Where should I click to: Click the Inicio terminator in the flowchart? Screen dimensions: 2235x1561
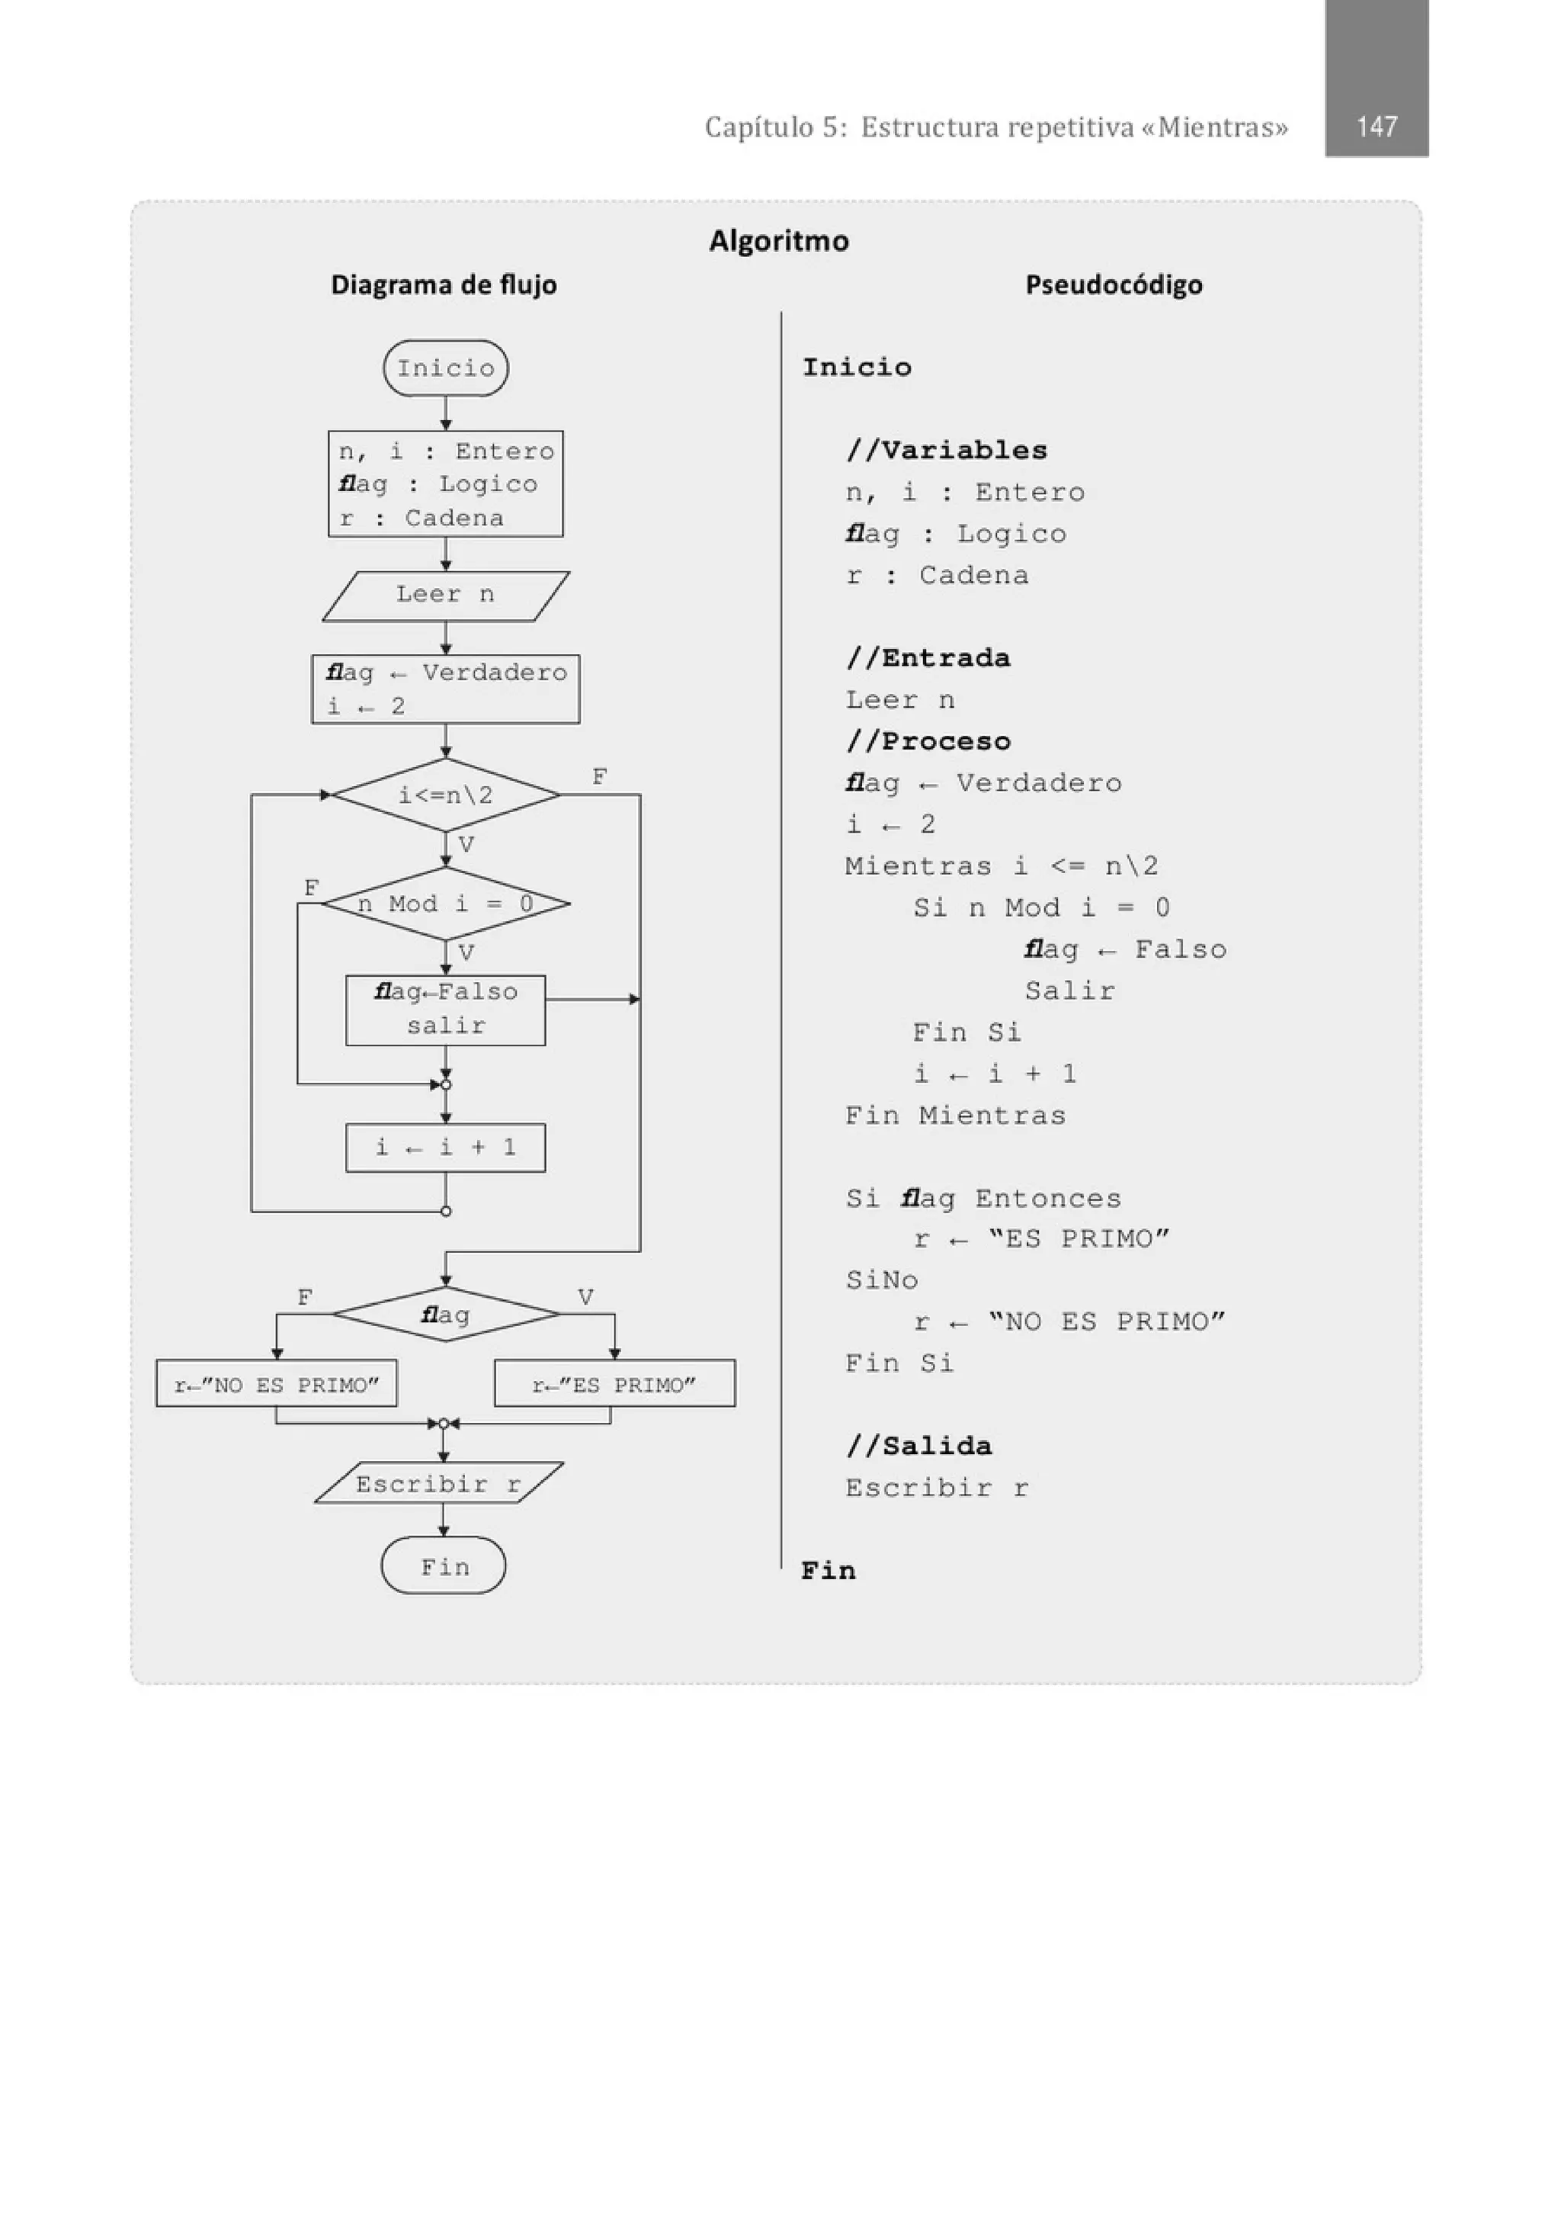tap(446, 368)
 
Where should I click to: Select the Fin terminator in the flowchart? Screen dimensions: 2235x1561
tap(444, 1566)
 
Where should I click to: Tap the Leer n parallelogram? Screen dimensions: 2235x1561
tap(446, 595)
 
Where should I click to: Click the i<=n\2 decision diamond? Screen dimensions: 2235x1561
tap(446, 795)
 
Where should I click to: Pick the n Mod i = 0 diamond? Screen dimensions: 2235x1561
tap(446, 904)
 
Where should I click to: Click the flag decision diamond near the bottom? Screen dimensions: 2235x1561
tap(446, 1315)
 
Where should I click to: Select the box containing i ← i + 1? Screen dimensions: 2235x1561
tap(446, 1148)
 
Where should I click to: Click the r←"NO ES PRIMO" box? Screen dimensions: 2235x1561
tap(277, 1384)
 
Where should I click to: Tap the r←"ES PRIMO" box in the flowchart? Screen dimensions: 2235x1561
tap(614, 1384)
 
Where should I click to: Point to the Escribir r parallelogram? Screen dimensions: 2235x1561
tap(439, 1485)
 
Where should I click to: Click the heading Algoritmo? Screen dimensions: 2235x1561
tap(778, 240)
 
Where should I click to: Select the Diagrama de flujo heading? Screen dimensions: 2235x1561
tap(444, 284)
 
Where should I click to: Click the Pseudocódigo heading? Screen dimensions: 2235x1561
tap(1114, 284)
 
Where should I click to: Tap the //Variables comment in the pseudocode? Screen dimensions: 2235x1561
tap(946, 450)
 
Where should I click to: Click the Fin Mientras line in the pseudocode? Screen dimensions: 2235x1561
tap(955, 1115)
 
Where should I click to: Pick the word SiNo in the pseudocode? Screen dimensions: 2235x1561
tap(882, 1280)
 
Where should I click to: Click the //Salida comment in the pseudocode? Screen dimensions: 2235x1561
tap(918, 1446)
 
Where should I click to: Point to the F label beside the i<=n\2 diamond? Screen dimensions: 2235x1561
tap(600, 777)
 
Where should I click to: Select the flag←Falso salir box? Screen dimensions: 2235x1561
tap(446, 1010)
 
